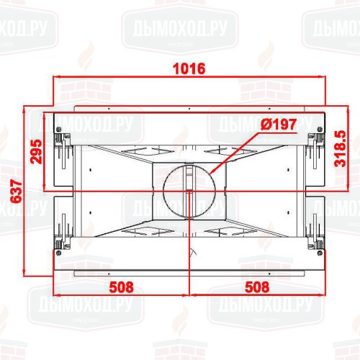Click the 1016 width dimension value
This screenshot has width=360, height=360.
coord(189,69)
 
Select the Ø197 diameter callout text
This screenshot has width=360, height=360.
coord(278,124)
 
